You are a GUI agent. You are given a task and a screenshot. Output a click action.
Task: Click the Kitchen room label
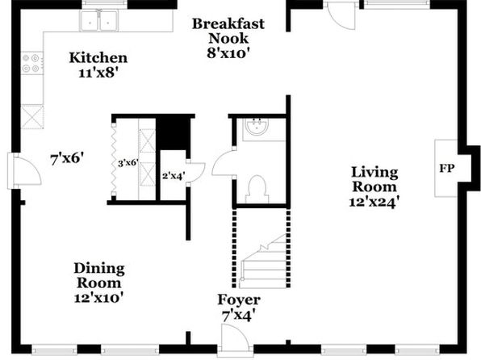(98, 57)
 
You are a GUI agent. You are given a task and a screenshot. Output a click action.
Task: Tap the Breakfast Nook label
(228, 31)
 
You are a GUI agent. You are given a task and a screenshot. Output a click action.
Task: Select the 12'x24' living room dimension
(374, 202)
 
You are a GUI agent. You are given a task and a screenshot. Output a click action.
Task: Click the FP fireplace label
(446, 168)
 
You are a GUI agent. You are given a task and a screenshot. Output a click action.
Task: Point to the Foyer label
(239, 299)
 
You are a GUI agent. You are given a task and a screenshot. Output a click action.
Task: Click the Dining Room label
(99, 275)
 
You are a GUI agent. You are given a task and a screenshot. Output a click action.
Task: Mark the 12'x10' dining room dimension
(98, 297)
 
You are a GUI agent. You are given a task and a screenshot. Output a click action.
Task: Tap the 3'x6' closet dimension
(128, 163)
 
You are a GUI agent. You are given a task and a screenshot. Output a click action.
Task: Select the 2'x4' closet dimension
(174, 176)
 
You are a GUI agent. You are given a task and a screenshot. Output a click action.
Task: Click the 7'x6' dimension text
(67, 159)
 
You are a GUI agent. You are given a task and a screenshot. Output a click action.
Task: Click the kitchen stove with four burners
(32, 63)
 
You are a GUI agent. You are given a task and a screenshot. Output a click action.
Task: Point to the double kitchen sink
(98, 20)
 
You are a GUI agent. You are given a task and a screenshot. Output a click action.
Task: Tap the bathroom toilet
(257, 189)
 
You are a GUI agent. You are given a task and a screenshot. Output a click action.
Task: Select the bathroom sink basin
(257, 126)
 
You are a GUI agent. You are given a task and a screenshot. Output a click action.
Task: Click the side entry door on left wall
(24, 171)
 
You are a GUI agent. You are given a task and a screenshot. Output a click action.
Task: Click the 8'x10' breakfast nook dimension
(227, 53)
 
